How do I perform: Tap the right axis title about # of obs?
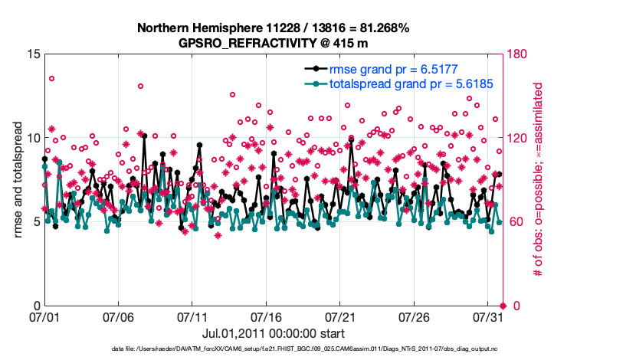pyautogui.click(x=539, y=180)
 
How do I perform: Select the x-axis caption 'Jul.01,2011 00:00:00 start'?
pyautogui.click(x=273, y=333)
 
